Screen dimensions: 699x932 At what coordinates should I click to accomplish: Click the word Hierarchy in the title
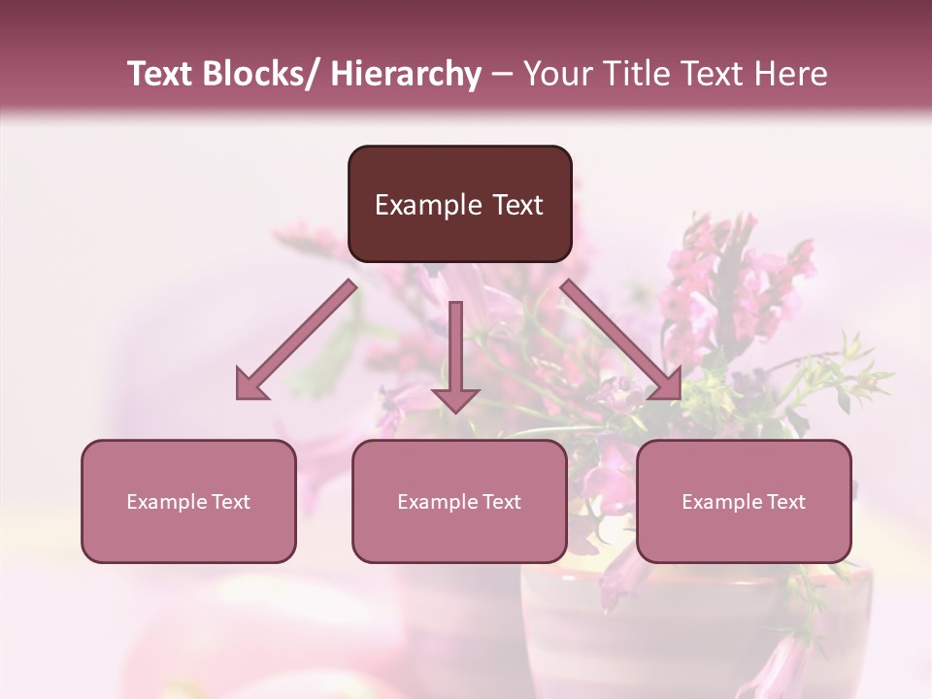click(x=406, y=74)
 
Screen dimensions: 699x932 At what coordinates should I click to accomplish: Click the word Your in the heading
click(x=558, y=74)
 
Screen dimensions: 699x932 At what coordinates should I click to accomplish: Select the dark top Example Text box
click(x=459, y=204)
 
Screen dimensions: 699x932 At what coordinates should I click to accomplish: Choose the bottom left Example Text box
click(x=188, y=502)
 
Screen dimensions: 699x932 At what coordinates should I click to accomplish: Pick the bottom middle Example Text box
click(x=459, y=502)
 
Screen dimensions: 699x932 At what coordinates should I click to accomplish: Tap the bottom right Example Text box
click(x=744, y=502)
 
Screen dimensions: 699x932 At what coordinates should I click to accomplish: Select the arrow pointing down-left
click(x=296, y=340)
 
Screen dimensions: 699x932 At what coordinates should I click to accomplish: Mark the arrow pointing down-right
click(x=621, y=340)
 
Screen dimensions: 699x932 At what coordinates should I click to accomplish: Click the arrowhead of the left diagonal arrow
click(x=250, y=384)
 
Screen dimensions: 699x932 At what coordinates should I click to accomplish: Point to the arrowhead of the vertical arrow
click(x=455, y=399)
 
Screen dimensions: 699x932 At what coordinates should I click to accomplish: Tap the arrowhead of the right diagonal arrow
click(x=667, y=384)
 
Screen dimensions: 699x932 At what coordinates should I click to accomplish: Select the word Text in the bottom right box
click(x=785, y=502)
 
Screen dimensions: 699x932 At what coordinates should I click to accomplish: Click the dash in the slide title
click(x=502, y=74)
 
